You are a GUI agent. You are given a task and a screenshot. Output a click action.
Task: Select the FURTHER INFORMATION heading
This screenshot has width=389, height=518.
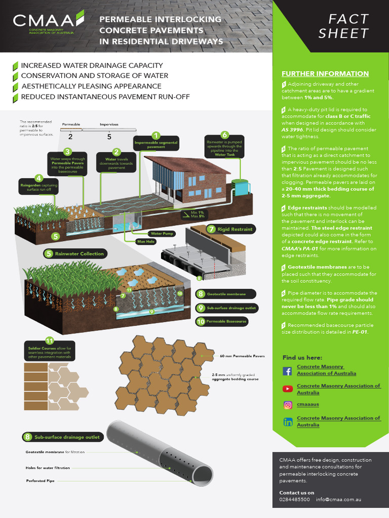point(325,73)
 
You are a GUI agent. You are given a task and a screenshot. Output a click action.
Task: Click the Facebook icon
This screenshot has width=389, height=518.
point(287,371)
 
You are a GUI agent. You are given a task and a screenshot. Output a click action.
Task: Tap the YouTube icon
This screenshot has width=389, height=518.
point(287,388)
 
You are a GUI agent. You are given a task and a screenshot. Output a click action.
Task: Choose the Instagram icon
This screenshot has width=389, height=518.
point(287,405)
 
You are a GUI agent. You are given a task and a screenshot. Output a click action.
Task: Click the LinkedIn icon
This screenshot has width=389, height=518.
point(287,421)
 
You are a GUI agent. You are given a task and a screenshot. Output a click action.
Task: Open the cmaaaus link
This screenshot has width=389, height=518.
point(308,404)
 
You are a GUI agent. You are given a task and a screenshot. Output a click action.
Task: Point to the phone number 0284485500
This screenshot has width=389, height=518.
point(294,499)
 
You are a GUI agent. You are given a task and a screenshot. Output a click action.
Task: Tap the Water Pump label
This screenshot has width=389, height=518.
point(162,234)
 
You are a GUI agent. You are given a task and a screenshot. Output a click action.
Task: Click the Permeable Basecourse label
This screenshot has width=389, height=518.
point(226,321)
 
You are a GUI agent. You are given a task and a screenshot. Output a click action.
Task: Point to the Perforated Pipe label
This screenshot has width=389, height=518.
point(41,480)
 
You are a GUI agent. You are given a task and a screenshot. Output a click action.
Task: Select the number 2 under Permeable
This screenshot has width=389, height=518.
point(70,136)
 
